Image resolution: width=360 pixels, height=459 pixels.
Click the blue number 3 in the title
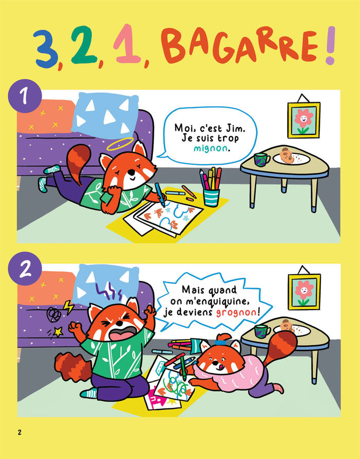pos(46,48)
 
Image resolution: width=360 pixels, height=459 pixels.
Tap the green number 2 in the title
pos(84,45)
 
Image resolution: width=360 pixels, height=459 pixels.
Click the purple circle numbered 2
pos(25,269)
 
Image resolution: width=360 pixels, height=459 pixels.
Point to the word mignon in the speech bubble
pos(210,148)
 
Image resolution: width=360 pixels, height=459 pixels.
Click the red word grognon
pos(236,313)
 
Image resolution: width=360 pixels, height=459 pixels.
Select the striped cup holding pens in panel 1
pos(211,198)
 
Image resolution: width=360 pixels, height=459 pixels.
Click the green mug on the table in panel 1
pos(262,160)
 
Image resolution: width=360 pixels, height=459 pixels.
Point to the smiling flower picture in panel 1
pos(303,120)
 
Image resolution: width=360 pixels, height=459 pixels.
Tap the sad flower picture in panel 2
pos(304,292)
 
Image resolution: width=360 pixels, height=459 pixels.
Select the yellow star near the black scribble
pos(58,331)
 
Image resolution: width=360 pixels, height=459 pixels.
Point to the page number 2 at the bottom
pos(20,432)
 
